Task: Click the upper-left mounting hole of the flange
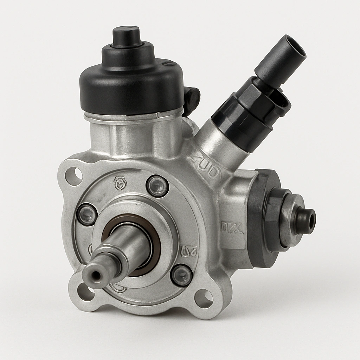[74, 176]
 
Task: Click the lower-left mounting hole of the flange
[85, 291]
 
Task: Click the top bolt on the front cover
[157, 186]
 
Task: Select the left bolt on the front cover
[87, 214]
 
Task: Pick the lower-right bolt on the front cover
[181, 275]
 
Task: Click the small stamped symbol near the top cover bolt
[120, 183]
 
